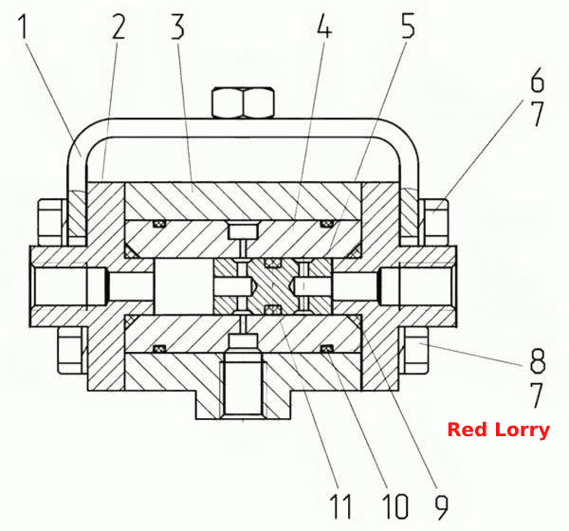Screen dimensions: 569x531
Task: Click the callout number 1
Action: click(23, 27)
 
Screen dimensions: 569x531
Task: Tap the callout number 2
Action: click(119, 27)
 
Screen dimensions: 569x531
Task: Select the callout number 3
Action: click(177, 27)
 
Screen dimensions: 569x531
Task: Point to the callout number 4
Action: click(324, 27)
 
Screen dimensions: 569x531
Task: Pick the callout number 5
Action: click(408, 27)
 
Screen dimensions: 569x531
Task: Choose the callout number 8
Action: click(538, 360)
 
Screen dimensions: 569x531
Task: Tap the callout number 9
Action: click(441, 506)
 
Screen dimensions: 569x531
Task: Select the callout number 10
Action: click(395, 506)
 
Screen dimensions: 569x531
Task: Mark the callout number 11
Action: click(340, 506)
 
